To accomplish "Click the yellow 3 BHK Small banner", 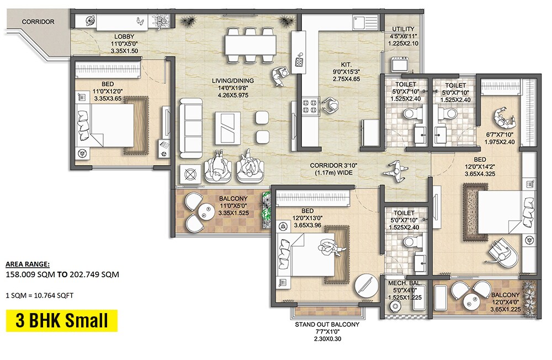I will click(61, 321).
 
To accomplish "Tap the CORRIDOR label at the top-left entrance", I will click(38, 22).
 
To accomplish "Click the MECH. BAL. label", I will click(405, 283).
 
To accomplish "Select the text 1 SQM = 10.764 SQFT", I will click(39, 295).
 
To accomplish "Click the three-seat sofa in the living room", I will click(190, 124).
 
